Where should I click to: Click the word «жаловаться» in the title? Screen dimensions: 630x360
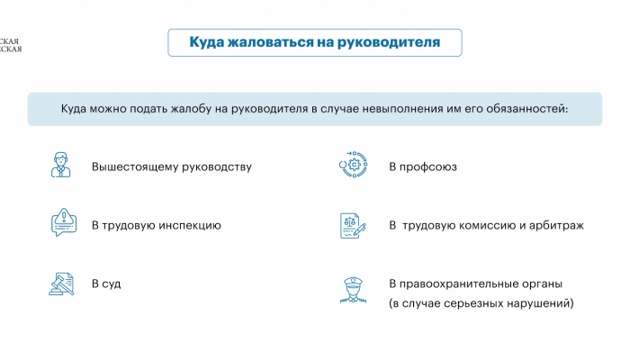click(x=270, y=42)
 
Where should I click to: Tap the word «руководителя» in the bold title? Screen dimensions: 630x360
click(x=389, y=42)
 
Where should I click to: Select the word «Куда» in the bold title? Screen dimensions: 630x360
click(x=206, y=42)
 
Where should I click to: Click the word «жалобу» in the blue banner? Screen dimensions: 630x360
click(x=191, y=109)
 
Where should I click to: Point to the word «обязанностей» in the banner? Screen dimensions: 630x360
click(x=527, y=109)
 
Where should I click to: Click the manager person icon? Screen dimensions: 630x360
click(x=61, y=165)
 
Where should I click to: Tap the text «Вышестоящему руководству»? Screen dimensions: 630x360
click(x=172, y=166)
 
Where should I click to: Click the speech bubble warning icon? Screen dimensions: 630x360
click(x=64, y=222)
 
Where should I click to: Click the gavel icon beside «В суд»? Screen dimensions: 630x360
click(x=61, y=283)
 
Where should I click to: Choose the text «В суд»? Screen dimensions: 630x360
click(x=106, y=283)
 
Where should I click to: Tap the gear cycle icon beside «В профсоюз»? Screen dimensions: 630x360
click(x=353, y=165)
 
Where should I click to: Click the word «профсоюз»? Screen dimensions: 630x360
click(x=427, y=166)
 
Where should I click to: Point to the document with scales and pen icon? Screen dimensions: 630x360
click(x=353, y=225)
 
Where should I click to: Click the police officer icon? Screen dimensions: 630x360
click(x=353, y=290)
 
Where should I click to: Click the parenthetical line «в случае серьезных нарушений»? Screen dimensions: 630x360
click(x=481, y=303)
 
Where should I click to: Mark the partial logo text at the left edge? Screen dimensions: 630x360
click(x=11, y=45)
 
